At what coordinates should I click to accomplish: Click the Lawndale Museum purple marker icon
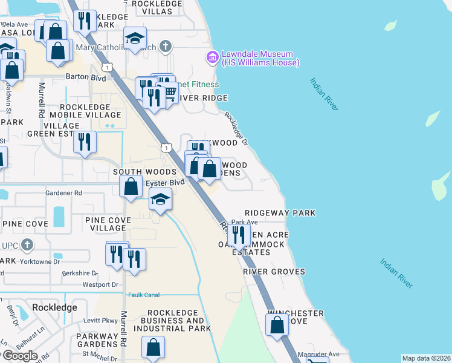[x=212, y=58]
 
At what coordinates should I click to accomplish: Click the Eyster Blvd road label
[x=165, y=181]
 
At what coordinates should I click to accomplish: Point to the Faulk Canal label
[x=143, y=295]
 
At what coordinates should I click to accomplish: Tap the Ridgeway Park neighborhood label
[x=280, y=213]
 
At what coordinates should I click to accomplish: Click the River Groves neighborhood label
[x=274, y=272]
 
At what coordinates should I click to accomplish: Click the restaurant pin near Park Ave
[x=239, y=235]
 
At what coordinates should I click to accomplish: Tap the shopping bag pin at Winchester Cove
[x=277, y=324]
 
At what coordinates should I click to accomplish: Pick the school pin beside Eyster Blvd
[x=161, y=200]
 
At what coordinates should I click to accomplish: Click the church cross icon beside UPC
[x=26, y=245]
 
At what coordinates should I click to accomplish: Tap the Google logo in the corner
[x=19, y=356]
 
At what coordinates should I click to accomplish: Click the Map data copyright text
[x=426, y=358]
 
